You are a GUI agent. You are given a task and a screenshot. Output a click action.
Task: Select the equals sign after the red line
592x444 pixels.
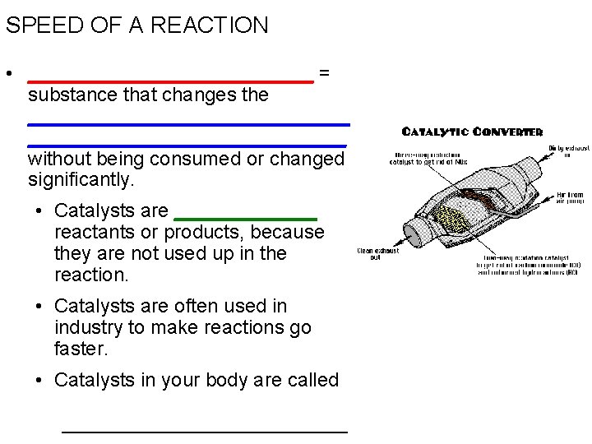coord(324,73)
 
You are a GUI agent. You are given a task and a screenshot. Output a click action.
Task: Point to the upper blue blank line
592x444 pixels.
coord(188,124)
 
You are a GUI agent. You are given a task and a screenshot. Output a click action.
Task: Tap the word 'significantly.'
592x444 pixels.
coord(81,178)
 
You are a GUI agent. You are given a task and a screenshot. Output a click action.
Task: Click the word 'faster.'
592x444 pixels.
coord(81,349)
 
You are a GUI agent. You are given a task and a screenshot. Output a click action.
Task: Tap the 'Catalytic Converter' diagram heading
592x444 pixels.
coord(472,132)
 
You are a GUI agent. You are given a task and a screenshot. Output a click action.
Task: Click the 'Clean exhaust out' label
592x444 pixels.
coord(377,254)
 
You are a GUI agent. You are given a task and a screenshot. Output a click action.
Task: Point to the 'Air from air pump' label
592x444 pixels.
coord(570,198)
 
